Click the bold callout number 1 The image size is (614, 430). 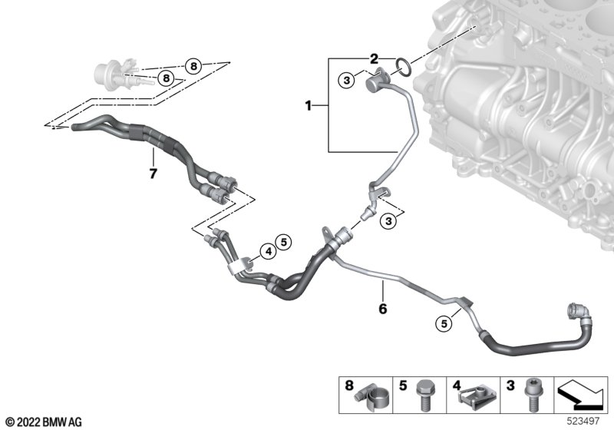pos(309,105)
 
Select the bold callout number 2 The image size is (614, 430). pos(374,58)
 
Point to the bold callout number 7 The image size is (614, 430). pos(153,174)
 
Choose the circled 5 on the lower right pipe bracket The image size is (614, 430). pos(443,324)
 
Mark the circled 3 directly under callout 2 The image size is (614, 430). pos(347,79)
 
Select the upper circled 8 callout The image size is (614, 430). pos(193,66)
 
